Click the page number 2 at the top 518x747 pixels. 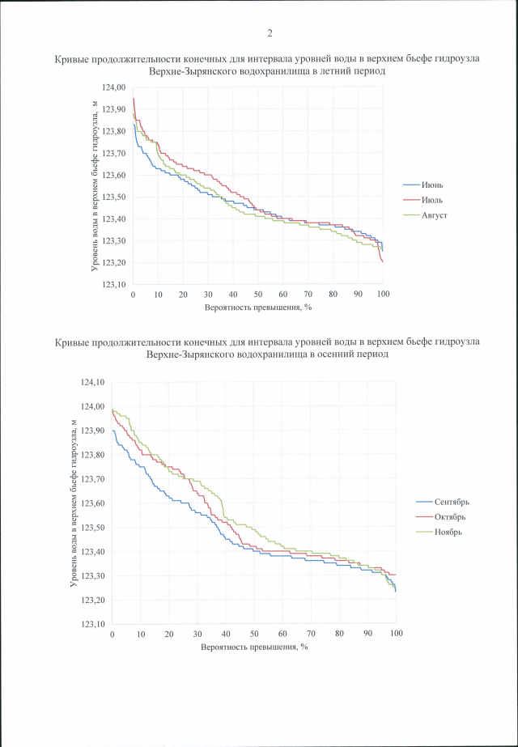(x=269, y=33)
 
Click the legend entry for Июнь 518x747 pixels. (x=432, y=185)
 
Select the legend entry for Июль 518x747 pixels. (x=432, y=200)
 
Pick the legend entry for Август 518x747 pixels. (x=435, y=215)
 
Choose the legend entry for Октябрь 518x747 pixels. (x=450, y=516)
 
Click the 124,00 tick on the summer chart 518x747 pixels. (x=113, y=87)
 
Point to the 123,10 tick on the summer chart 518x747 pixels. (x=113, y=285)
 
